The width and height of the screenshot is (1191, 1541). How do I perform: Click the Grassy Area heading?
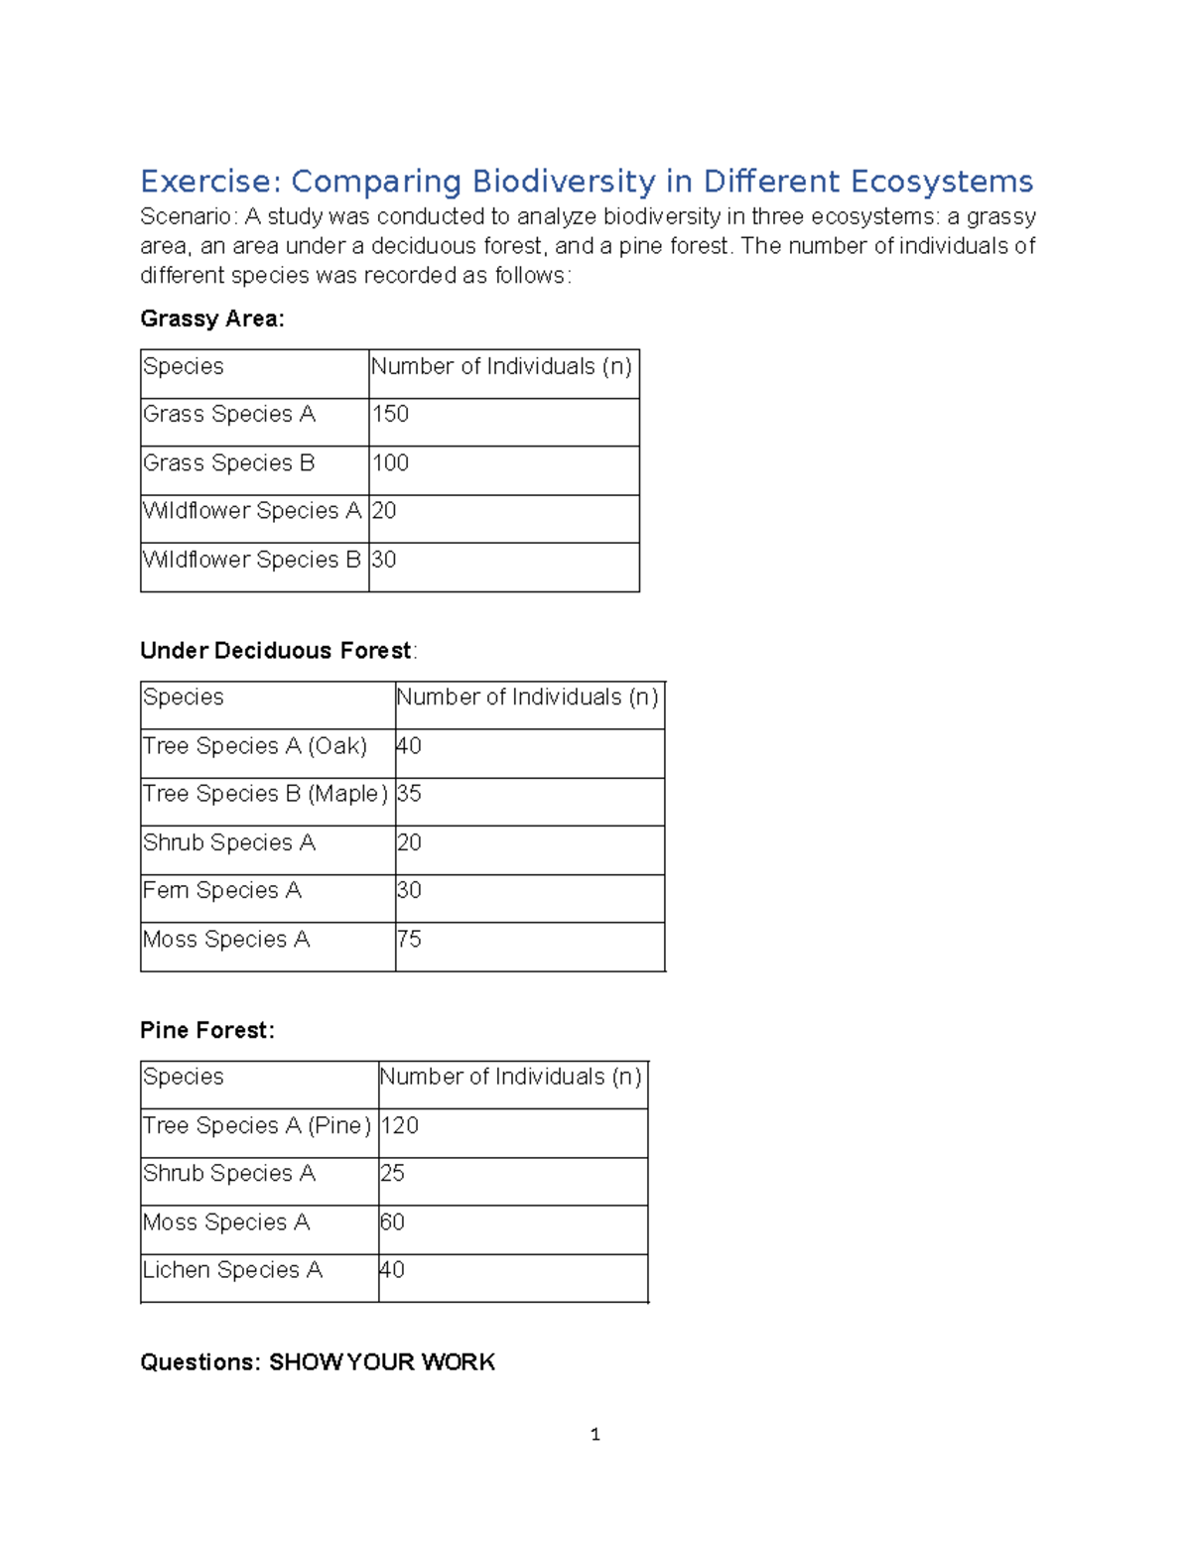(x=212, y=319)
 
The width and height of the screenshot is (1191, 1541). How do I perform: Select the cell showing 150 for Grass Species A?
(x=390, y=414)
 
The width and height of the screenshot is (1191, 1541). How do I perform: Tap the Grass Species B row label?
(x=228, y=463)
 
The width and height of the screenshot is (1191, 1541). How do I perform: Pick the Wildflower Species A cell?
(x=252, y=511)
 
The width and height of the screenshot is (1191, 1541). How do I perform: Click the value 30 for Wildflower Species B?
(x=383, y=560)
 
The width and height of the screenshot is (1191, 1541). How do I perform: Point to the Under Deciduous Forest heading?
(x=276, y=651)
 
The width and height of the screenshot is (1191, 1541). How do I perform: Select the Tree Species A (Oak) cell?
(x=255, y=746)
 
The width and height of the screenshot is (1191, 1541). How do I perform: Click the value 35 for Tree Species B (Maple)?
(x=409, y=794)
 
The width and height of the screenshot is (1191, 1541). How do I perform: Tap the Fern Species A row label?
(x=222, y=891)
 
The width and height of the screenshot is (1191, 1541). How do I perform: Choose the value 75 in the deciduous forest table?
(x=409, y=939)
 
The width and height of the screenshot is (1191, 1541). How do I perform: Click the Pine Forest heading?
(x=206, y=1031)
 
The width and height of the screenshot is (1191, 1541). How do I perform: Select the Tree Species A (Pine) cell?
(x=257, y=1126)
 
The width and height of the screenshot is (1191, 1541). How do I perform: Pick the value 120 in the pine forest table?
(x=400, y=1126)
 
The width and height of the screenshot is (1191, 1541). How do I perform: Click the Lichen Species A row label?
(x=232, y=1270)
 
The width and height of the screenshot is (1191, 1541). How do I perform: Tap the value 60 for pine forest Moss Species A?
(x=392, y=1222)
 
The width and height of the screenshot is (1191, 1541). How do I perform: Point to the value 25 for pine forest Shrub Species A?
(x=392, y=1174)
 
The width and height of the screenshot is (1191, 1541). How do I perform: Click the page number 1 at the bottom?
(x=595, y=1435)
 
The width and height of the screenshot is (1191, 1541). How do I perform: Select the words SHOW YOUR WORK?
(x=382, y=1362)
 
